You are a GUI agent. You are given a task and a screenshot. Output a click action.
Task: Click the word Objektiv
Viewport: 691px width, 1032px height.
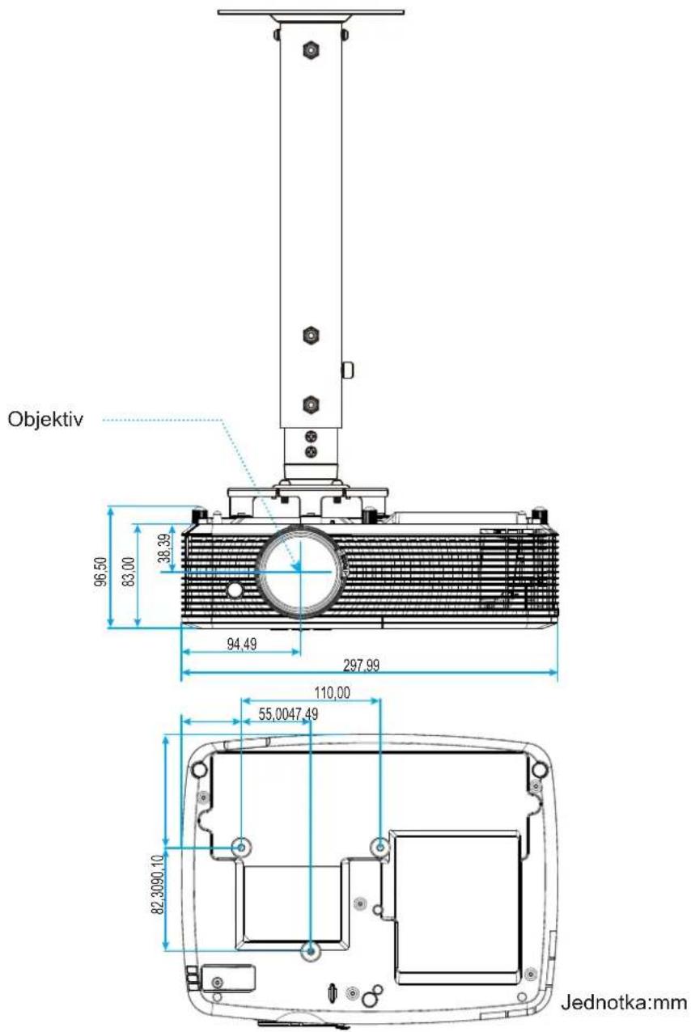point(45,419)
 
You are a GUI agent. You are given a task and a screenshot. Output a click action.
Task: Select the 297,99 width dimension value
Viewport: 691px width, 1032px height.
point(361,666)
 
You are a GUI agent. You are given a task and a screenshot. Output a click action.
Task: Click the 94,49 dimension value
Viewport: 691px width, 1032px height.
point(242,644)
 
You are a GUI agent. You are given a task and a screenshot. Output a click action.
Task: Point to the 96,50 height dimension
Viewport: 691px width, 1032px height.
point(100,571)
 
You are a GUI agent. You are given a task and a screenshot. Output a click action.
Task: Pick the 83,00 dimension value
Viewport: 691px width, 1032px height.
point(129,571)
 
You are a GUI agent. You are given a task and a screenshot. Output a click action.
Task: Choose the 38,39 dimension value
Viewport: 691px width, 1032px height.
point(164,548)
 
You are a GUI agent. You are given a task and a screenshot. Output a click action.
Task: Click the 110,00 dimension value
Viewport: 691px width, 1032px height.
point(332,692)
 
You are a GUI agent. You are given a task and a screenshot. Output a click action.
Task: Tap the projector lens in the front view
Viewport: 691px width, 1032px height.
point(300,571)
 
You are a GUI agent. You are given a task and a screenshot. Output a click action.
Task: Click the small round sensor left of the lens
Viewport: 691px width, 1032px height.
point(235,590)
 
